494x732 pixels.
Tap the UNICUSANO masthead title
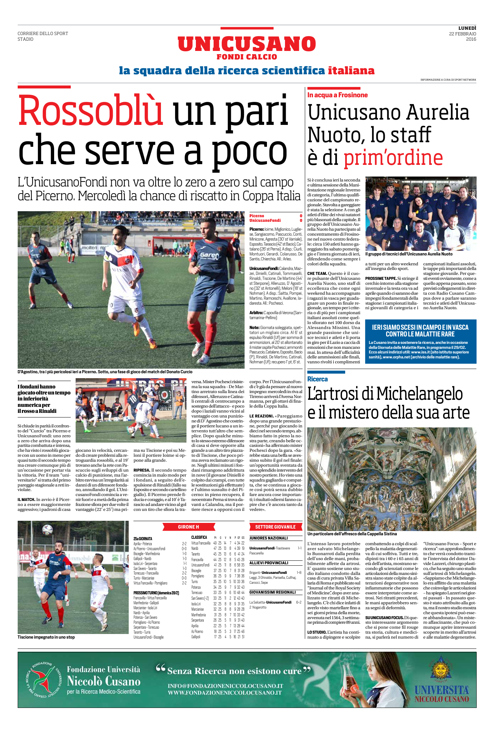coord(246,44)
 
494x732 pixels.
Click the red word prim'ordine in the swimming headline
coord(393,158)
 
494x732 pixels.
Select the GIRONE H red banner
coord(188,527)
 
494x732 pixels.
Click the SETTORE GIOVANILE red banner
coord(275,527)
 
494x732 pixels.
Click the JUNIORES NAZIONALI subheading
coord(268,538)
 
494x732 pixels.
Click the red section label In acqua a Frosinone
coord(337,95)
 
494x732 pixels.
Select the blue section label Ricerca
coord(318,379)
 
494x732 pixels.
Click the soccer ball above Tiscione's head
coord(47,529)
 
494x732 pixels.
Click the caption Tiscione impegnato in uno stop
coord(46,637)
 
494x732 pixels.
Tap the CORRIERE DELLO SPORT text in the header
coord(43,34)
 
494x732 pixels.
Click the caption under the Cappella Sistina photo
coord(352,534)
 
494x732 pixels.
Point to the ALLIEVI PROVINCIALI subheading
coord(269,563)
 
